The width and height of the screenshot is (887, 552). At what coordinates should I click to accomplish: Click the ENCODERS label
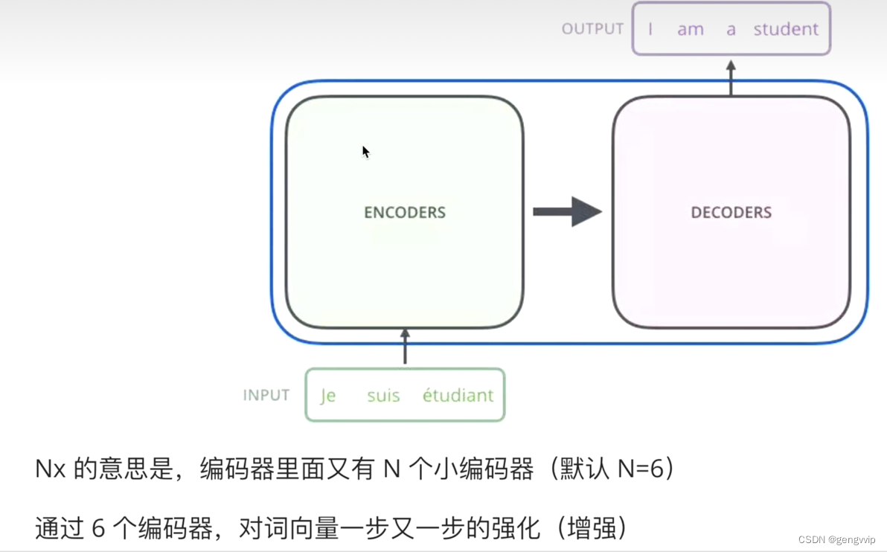pyautogui.click(x=405, y=212)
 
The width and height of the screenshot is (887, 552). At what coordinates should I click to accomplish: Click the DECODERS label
pyautogui.click(x=731, y=212)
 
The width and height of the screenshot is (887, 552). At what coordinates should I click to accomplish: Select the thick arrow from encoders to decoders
pyautogui.click(x=567, y=211)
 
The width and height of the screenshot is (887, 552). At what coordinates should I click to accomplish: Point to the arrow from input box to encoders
pyautogui.click(x=405, y=346)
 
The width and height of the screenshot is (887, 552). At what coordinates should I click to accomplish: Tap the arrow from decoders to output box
pyautogui.click(x=731, y=78)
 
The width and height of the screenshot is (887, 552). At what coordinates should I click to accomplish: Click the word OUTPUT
pyautogui.click(x=592, y=29)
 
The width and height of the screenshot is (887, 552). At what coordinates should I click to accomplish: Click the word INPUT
pyautogui.click(x=266, y=395)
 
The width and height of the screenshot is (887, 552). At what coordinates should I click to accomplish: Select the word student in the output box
pyautogui.click(x=786, y=29)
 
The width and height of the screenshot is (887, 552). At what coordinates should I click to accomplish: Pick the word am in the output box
pyautogui.click(x=691, y=30)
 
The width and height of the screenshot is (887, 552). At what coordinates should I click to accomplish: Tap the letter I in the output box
pyautogui.click(x=650, y=29)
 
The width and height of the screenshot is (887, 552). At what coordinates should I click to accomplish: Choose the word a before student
pyautogui.click(x=731, y=30)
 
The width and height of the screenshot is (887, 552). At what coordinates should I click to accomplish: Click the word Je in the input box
pyautogui.click(x=328, y=395)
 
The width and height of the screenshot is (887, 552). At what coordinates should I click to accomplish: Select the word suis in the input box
pyautogui.click(x=383, y=395)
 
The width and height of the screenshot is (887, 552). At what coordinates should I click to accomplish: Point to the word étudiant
pyautogui.click(x=458, y=395)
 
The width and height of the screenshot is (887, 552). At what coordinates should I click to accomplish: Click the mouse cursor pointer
pyautogui.click(x=366, y=152)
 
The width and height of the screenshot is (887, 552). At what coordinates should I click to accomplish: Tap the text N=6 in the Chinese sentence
pyautogui.click(x=641, y=468)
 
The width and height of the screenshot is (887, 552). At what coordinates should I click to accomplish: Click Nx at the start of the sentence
pyautogui.click(x=51, y=469)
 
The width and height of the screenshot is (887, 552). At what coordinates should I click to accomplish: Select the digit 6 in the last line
pyautogui.click(x=98, y=528)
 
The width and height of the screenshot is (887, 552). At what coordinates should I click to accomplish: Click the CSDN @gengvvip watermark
pyautogui.click(x=836, y=539)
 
